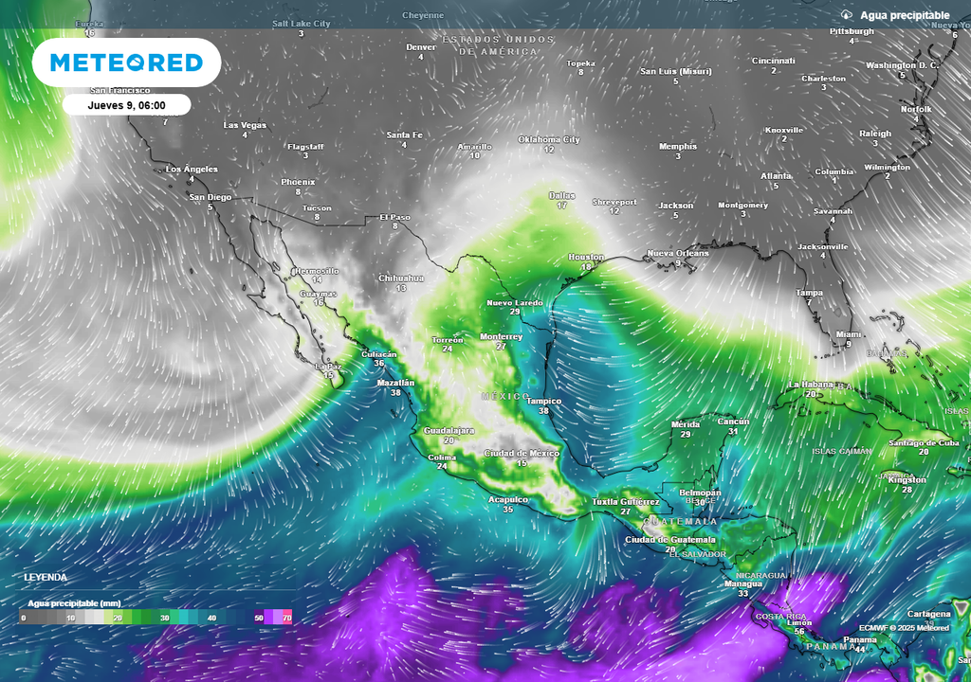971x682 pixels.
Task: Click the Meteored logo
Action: coord(126,63)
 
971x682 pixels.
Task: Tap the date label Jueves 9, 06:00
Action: coord(127,105)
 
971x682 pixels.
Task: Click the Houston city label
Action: coord(585,257)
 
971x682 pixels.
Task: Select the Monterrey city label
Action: coord(502,336)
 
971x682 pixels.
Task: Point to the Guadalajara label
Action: coord(449,430)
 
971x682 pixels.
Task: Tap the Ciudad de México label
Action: coord(522,453)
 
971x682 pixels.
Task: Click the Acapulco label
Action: coord(507,498)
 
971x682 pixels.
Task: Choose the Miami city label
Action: coord(849,333)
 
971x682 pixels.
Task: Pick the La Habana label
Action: coord(811,384)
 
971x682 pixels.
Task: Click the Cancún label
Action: coord(733,422)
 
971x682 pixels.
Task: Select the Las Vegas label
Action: coord(245,125)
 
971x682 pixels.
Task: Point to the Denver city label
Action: coord(421,46)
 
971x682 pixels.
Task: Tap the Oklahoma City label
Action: coord(548,139)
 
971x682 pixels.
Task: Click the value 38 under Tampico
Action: coord(543,411)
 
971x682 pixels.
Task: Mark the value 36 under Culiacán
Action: coord(379,363)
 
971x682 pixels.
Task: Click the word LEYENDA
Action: coord(46,577)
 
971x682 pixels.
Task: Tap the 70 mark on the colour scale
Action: coord(286,618)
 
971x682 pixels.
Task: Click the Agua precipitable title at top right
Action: coord(904,15)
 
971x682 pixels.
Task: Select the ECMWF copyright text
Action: coord(904,627)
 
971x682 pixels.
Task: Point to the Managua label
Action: coord(743,583)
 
